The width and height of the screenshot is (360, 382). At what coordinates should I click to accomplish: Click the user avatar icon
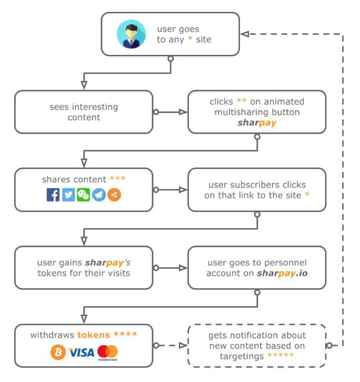132,34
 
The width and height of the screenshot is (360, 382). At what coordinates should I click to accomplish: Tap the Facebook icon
53,194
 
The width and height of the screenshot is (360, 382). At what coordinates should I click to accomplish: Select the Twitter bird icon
68,194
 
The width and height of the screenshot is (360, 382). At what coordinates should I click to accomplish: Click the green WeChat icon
84,194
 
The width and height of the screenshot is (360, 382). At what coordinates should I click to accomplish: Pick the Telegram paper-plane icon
99,194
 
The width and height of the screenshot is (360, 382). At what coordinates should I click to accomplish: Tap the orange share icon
114,194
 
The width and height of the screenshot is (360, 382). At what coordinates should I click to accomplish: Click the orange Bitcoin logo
58,352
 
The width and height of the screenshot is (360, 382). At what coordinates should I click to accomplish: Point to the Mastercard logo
107,352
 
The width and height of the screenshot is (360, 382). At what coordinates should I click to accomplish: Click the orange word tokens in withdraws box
95,335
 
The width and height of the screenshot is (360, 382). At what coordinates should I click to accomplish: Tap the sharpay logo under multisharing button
257,123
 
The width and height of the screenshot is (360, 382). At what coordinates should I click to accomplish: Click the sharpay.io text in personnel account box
281,274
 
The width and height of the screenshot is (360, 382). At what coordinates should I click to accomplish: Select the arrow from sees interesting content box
170,112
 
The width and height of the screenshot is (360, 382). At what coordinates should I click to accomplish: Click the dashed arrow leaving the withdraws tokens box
170,345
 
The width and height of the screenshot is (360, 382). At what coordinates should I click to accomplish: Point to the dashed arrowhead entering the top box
245,34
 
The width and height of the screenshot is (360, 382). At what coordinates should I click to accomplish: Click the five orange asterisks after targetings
281,356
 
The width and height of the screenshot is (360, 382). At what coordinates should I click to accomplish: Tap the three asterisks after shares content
118,179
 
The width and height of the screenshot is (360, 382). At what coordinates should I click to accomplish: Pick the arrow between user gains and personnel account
170,268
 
